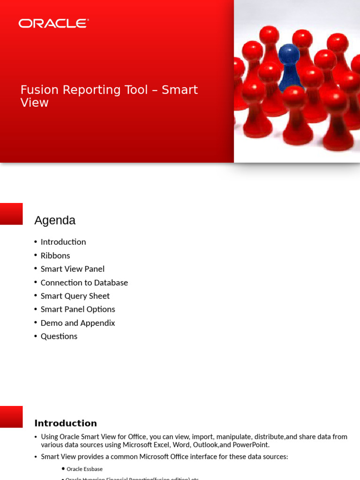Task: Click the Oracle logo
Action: (x=53, y=23)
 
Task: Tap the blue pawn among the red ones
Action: (x=289, y=66)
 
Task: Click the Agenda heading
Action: (x=55, y=220)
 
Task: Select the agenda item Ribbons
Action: (x=55, y=255)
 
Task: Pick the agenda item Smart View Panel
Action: (x=73, y=269)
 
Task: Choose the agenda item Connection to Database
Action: (x=84, y=283)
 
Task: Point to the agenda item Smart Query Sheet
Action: (x=75, y=296)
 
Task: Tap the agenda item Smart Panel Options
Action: (x=78, y=309)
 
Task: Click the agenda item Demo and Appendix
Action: (x=78, y=323)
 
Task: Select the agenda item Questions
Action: (x=59, y=336)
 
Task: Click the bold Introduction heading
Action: (x=66, y=423)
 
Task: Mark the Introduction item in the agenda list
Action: (x=63, y=242)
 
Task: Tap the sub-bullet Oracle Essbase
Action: (x=84, y=469)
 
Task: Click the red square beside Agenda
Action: (x=11, y=214)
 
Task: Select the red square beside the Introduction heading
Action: (x=11, y=417)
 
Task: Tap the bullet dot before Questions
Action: (x=36, y=336)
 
